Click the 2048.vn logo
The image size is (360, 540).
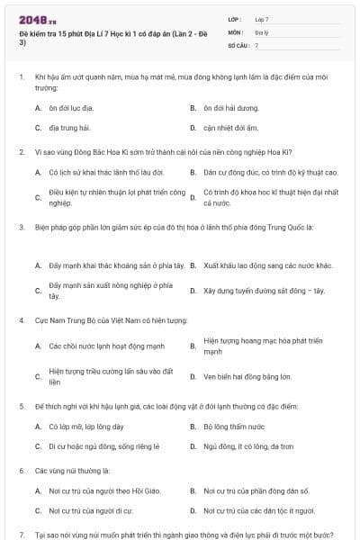coord(37,19)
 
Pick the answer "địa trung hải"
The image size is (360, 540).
coord(69,128)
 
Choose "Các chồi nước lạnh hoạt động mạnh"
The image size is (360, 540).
coord(103,346)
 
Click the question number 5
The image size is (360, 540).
coord(21,407)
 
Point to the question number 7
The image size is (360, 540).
coord(21,535)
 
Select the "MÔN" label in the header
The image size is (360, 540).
coord(236,31)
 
